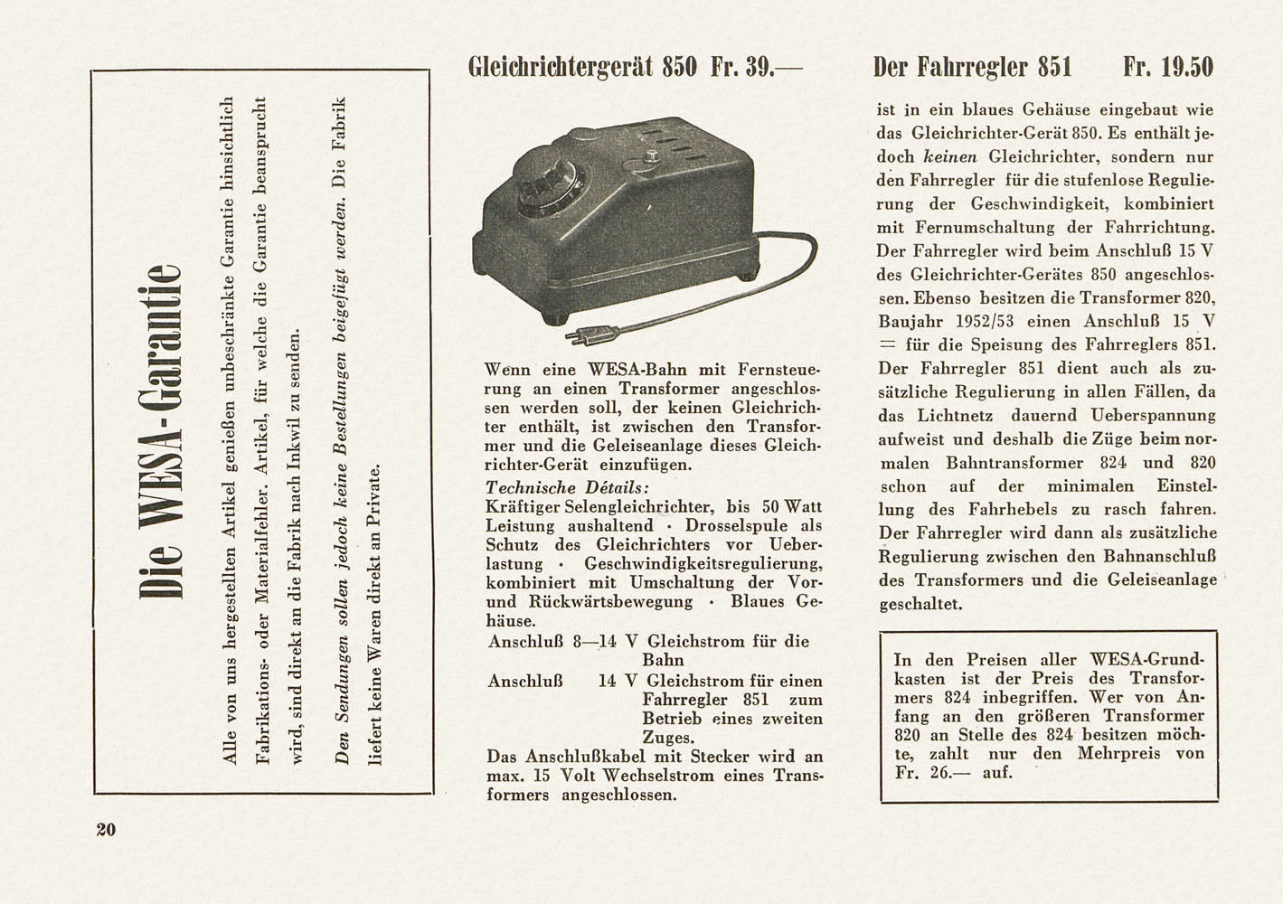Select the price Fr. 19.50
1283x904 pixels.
coord(1167,67)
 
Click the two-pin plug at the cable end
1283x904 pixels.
coord(579,337)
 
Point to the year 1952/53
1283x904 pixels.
coord(1004,321)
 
